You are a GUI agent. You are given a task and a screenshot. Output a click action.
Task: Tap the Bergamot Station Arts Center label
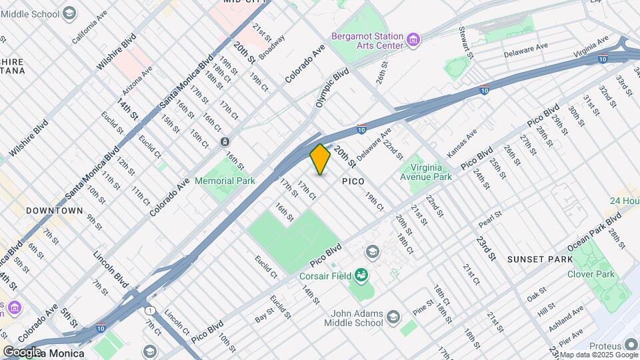368,41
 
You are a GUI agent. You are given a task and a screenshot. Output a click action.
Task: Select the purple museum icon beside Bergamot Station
414,41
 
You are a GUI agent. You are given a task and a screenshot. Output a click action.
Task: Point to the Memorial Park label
225,181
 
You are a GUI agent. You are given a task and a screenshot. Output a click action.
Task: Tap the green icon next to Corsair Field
361,274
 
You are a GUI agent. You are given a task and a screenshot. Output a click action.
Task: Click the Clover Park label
590,274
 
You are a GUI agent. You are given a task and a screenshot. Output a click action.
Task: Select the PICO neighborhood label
354,181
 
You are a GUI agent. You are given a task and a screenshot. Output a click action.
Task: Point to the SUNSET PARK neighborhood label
539,259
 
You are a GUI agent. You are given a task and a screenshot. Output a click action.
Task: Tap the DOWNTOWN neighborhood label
55,211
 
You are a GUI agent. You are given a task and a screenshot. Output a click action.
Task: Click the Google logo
22,352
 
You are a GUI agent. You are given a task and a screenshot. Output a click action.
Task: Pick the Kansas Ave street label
462,143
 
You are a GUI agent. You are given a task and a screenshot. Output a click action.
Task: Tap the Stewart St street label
465,41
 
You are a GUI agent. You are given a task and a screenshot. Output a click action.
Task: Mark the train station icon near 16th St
225,141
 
